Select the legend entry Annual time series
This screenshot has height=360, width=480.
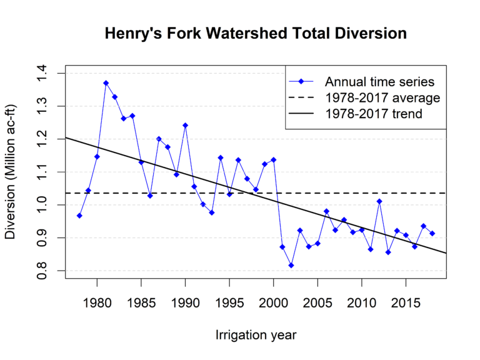[x=379, y=81]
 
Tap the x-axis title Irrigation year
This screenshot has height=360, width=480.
[x=256, y=335]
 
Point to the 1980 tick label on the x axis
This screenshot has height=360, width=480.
[x=97, y=303]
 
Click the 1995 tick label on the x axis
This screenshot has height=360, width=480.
[x=229, y=303]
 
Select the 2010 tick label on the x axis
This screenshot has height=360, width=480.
[x=362, y=303]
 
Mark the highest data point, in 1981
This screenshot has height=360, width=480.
[x=106, y=83]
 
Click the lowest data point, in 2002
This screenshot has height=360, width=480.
[x=291, y=265]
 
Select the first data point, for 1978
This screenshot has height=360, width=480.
[x=79, y=216]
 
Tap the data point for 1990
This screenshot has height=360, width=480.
[x=185, y=125]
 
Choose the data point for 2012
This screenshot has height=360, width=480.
[x=379, y=201]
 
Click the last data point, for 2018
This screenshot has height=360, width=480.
[x=432, y=233]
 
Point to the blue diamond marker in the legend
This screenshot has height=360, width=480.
[x=301, y=81]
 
